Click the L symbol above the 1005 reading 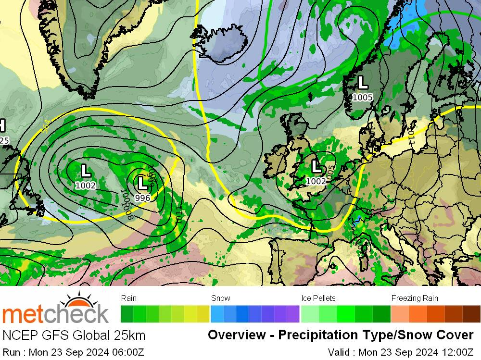coord(362,83)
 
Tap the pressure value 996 coord(142,198)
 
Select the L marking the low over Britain coord(316,167)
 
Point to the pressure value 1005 coord(362,98)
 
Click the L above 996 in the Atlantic coord(142,183)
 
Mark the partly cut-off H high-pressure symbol coord(2,126)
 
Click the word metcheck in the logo coord(55,315)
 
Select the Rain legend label coord(129,298)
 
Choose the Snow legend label coord(221,298)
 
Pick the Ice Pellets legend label coord(318,298)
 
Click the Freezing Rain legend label coord(415,298)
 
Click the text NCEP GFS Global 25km coord(74,335)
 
